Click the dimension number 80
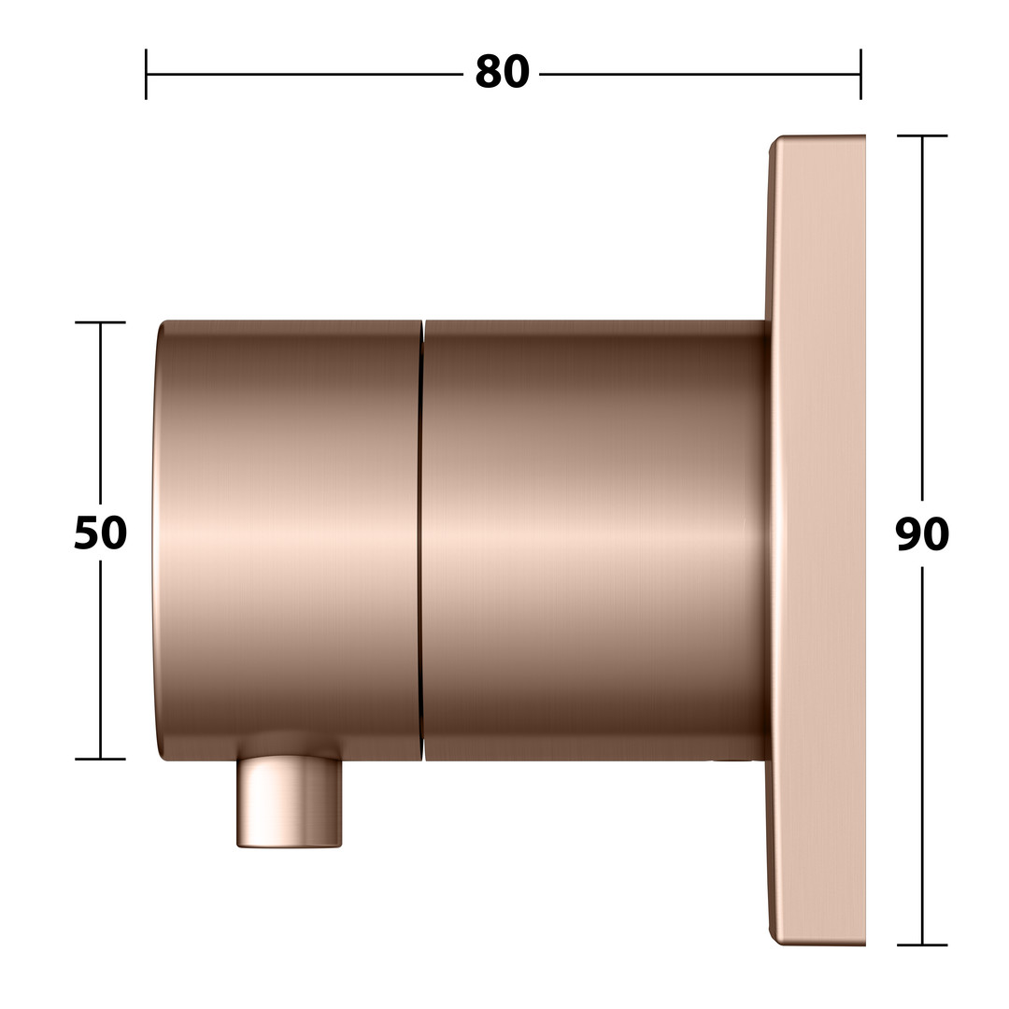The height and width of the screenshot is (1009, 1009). point(502,72)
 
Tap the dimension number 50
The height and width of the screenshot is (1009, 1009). point(100,533)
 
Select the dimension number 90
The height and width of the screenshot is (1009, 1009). point(922,534)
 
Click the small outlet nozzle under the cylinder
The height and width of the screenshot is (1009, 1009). point(289,803)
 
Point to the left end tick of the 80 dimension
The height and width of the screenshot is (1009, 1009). point(146,74)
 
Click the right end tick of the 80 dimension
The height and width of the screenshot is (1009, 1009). point(860,74)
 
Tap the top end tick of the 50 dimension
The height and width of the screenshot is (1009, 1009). point(100,321)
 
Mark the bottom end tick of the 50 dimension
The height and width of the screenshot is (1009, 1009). point(100,759)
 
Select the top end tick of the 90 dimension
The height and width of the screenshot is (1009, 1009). point(922,135)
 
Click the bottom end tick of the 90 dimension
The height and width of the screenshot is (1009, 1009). point(922,945)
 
